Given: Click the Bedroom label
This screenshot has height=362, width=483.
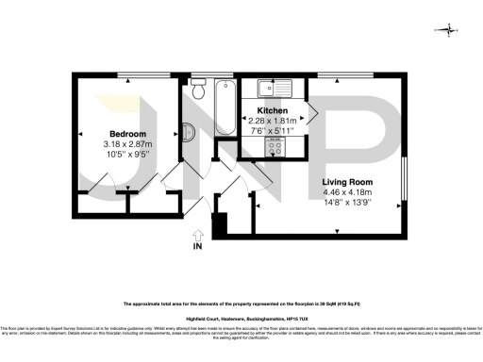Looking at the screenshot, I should click(127, 133).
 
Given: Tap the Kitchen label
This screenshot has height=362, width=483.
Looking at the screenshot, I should click(272, 110).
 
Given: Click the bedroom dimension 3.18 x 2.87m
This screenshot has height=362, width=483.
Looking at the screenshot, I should click(127, 144).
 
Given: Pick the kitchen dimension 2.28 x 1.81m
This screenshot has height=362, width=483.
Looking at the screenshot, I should click(272, 121).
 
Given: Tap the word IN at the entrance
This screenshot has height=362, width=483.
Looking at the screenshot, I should click(197, 247).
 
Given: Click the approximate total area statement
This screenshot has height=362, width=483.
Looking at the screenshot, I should click(241, 304).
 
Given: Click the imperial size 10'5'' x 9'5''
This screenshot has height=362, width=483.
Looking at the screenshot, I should click(127, 155).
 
